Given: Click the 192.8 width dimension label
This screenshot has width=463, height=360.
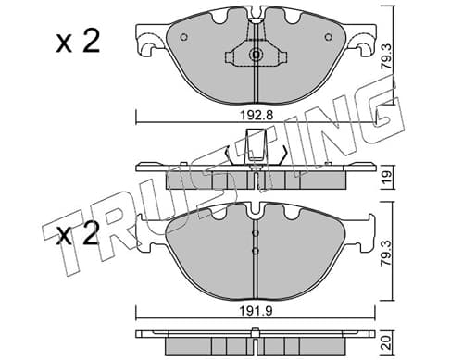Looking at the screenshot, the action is [x=257, y=116].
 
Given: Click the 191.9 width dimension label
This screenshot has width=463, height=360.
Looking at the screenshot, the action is [x=257, y=311].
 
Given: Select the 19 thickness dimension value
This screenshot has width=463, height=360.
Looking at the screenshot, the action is [x=386, y=177].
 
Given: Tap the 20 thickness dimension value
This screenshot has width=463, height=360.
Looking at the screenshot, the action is [x=386, y=342].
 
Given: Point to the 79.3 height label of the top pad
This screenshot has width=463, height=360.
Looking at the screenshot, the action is [x=386, y=56].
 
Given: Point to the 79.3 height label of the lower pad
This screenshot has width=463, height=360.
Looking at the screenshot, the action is [x=386, y=254].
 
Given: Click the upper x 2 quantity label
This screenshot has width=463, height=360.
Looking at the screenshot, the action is [x=78, y=43].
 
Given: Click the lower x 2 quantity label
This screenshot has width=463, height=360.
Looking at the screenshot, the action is [x=78, y=233].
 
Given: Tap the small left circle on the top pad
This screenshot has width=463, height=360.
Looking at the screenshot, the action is [x=183, y=37].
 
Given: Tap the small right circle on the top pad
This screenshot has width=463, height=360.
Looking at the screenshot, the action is [x=328, y=37].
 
